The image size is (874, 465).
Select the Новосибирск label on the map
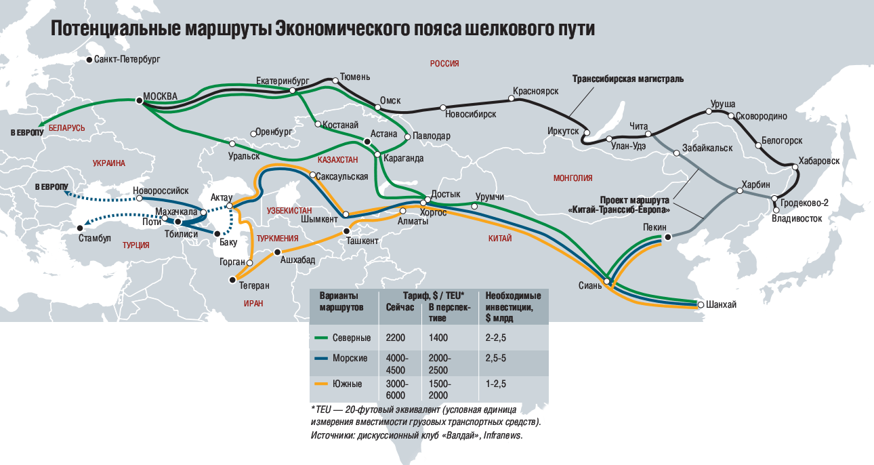472,114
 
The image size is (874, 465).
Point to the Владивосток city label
797,219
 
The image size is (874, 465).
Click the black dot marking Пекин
668,237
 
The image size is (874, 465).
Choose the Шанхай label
721,305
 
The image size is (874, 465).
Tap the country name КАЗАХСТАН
337,159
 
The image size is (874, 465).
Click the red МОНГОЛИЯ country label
573,178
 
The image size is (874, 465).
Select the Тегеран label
254,285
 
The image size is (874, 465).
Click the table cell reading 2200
396,338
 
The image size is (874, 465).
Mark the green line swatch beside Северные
322,338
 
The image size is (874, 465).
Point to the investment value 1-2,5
496,384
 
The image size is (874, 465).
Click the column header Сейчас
400,307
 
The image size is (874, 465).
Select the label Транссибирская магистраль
628,79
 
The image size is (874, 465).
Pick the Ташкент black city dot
346,230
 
